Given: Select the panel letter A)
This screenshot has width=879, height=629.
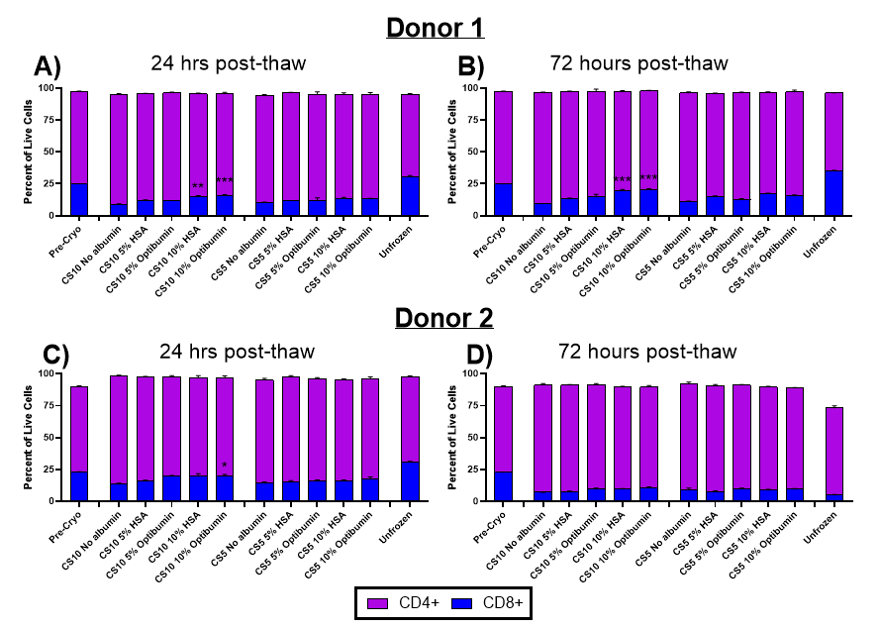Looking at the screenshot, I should (48, 66).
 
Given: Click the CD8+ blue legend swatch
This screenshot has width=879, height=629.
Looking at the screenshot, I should (458, 600).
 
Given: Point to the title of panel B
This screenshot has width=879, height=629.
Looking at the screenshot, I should (638, 64).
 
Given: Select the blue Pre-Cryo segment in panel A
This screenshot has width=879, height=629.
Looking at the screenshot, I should (79, 199).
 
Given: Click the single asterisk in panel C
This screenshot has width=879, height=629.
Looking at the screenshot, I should (225, 466).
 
